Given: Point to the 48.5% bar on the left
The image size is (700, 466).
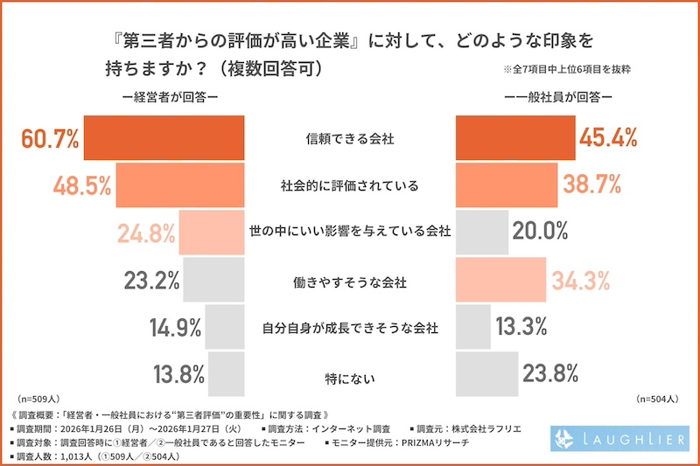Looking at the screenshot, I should point(179,185).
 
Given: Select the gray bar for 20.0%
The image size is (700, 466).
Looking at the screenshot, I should point(482,233).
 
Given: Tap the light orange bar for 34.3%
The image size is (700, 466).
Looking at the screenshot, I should point(500,280).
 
